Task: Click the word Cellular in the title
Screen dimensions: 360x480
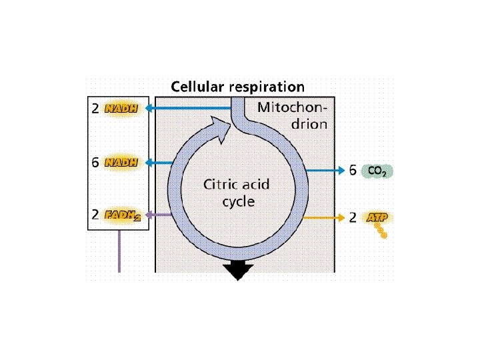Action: point(198,87)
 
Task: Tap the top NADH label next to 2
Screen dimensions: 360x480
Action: point(121,109)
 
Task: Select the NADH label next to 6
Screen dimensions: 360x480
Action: point(121,162)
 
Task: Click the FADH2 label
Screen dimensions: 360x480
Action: point(123,215)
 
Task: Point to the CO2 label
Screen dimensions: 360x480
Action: point(377,171)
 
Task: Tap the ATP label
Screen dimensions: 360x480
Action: point(377,218)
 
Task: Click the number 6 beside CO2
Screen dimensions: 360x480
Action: point(353,171)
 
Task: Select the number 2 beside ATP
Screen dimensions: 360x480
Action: point(353,218)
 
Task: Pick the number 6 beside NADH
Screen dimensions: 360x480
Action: point(95,162)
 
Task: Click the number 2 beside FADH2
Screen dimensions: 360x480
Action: point(95,215)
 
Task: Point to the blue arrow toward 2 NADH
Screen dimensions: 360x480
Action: point(187,108)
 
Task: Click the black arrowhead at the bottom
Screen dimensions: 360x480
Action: point(238,270)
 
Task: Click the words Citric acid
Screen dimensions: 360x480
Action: point(237,185)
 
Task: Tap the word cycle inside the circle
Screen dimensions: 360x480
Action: point(238,201)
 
